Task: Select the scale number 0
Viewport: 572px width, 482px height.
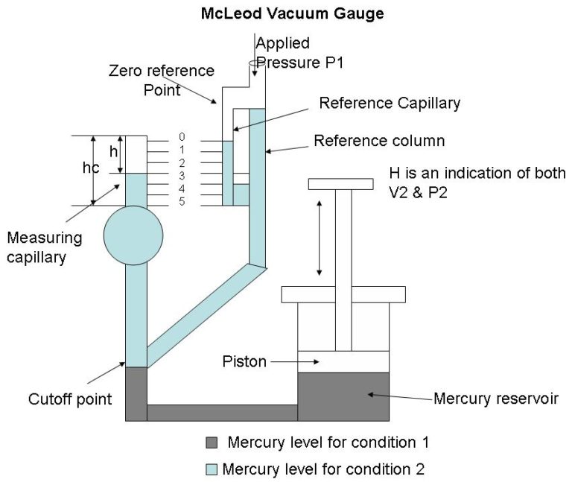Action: click(x=182, y=137)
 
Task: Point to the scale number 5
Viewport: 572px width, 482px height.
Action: click(x=182, y=202)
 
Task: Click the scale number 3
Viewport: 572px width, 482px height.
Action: click(x=182, y=176)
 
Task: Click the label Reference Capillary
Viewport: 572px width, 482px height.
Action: click(x=390, y=104)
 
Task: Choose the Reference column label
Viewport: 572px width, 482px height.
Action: click(x=379, y=141)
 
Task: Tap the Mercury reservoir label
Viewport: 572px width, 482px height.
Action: click(x=496, y=398)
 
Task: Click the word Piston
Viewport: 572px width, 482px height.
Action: click(x=244, y=361)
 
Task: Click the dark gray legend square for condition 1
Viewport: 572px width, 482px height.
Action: click(x=212, y=443)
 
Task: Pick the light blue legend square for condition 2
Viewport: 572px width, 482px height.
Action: click(x=212, y=469)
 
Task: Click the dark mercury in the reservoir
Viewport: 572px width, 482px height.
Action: click(x=343, y=396)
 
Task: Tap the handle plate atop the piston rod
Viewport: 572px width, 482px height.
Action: click(x=340, y=183)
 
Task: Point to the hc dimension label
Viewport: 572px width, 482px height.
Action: click(x=90, y=168)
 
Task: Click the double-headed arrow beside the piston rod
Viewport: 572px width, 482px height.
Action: click(x=320, y=238)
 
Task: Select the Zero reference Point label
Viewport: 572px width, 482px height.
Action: click(x=162, y=80)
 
